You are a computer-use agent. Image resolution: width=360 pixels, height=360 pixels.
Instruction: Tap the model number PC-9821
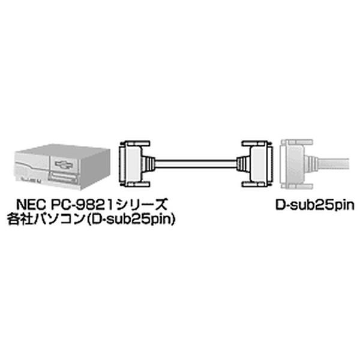[81, 204]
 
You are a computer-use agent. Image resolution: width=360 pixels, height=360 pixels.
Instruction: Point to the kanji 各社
[20, 219]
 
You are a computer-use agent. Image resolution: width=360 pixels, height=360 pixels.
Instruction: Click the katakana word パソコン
[59, 219]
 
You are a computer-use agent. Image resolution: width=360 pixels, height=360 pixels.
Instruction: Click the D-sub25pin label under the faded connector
[315, 205]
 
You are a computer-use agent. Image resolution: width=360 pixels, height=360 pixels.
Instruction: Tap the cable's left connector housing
[131, 163]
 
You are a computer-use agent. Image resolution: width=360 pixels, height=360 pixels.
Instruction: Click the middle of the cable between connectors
[196, 163]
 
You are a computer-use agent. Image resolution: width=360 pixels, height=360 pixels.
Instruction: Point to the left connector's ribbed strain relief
[149, 163]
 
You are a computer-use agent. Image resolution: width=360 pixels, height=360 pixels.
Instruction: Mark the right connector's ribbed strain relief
[244, 163]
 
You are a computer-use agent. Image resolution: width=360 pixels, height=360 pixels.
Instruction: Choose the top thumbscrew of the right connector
[254, 144]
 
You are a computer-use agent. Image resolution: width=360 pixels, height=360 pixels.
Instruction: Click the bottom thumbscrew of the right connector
[254, 184]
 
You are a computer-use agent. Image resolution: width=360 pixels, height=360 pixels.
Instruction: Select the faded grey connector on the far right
[296, 164]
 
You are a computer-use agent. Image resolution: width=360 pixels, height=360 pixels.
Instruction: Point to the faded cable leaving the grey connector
[334, 164]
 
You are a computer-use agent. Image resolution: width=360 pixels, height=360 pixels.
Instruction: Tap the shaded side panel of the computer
[95, 169]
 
